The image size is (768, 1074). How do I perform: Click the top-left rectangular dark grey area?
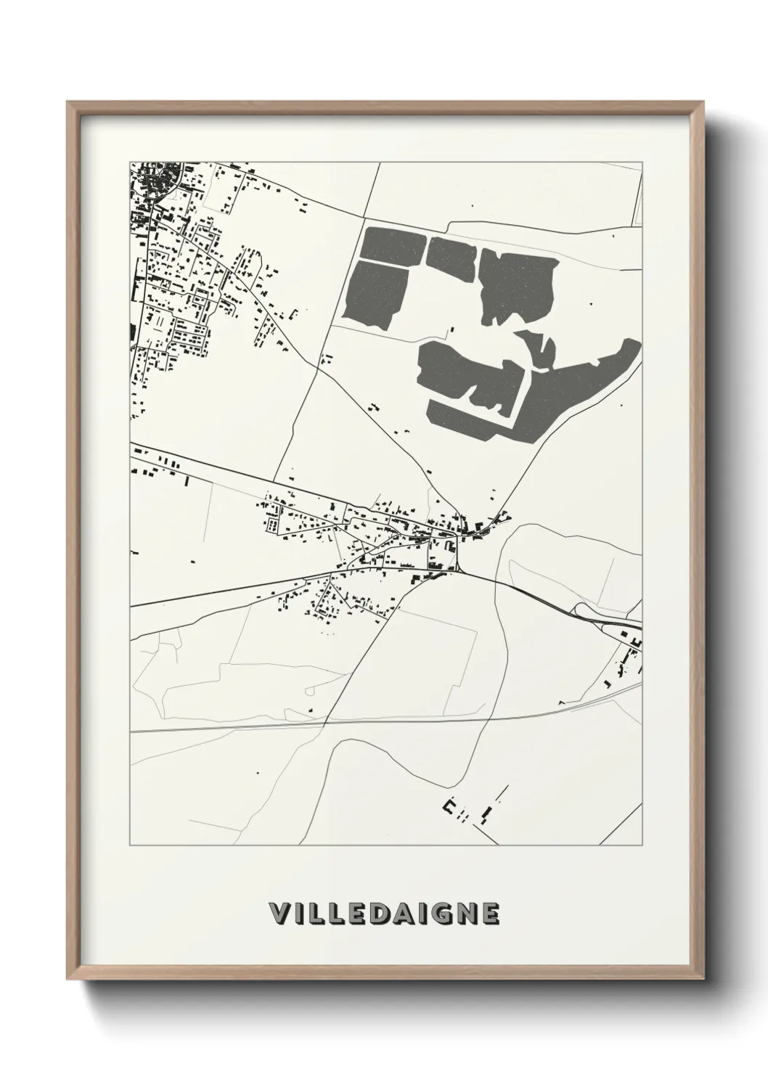[392, 244]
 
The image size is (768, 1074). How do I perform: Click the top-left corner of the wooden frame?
[68, 103]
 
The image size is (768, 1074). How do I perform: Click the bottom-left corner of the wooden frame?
[68, 978]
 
